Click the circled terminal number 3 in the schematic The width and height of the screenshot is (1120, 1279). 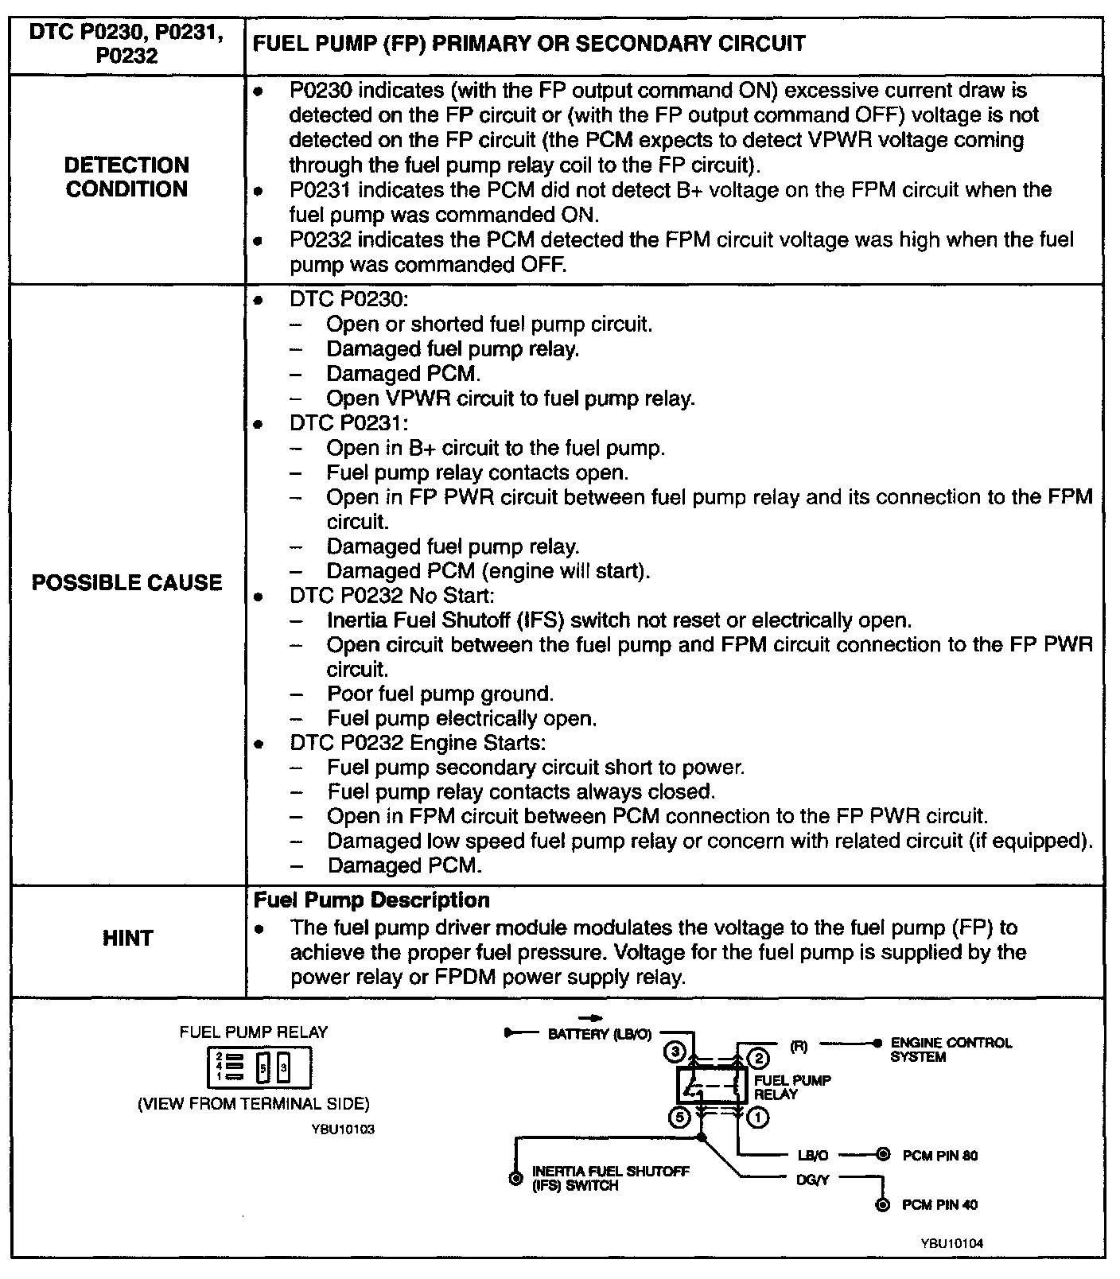(x=675, y=1052)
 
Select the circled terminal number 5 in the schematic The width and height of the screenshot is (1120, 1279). (x=679, y=1118)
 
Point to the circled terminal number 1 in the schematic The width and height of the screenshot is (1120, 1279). (x=759, y=1118)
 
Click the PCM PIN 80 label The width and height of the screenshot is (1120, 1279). (x=940, y=1155)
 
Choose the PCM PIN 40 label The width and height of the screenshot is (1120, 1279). (x=940, y=1205)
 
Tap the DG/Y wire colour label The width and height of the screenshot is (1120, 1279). (x=812, y=1180)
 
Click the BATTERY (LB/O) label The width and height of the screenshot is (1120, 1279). (x=600, y=1034)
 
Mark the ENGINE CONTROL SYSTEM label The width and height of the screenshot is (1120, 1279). (x=951, y=1049)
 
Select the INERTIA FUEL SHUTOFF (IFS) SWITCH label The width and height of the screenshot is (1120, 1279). (x=610, y=1178)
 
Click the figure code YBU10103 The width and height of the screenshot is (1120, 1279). (x=344, y=1129)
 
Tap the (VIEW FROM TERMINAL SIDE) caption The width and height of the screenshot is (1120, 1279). (x=254, y=1104)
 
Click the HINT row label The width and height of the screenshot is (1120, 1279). (x=127, y=939)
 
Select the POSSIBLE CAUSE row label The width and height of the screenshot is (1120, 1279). (x=127, y=583)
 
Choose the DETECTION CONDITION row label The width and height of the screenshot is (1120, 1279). (x=127, y=177)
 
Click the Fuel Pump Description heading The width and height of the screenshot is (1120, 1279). (x=371, y=900)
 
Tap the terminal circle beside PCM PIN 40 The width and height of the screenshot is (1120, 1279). (x=881, y=1205)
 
